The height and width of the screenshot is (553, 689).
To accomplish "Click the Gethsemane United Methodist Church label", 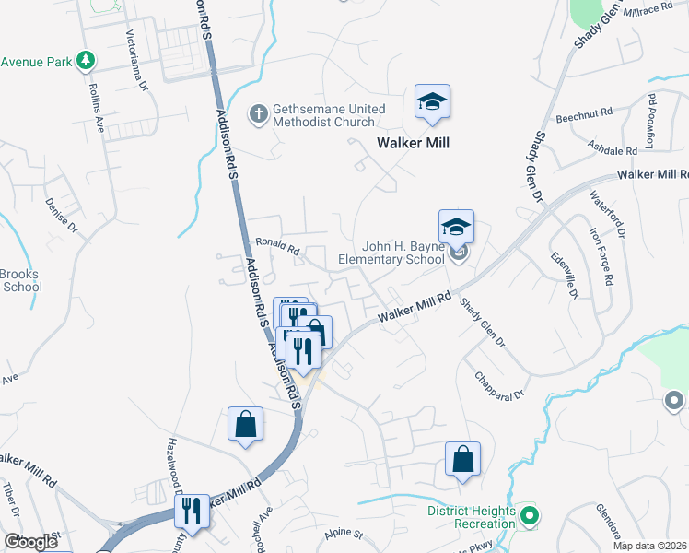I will tap(329, 115).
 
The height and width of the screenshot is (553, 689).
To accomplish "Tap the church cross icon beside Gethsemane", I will tap(260, 114).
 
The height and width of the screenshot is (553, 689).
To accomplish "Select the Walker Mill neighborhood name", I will tap(412, 143).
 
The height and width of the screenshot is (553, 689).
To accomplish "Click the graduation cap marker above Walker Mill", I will tap(431, 102).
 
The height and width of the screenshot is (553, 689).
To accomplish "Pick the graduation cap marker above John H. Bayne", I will tap(456, 227).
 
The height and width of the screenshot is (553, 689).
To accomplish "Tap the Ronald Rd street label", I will tap(278, 247).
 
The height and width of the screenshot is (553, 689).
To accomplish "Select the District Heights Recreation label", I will tap(471, 517).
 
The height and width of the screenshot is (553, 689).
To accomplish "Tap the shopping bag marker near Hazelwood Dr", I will tap(245, 425).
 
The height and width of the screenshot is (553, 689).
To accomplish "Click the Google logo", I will tap(31, 542).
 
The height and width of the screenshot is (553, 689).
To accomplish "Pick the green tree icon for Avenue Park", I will tap(86, 61).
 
